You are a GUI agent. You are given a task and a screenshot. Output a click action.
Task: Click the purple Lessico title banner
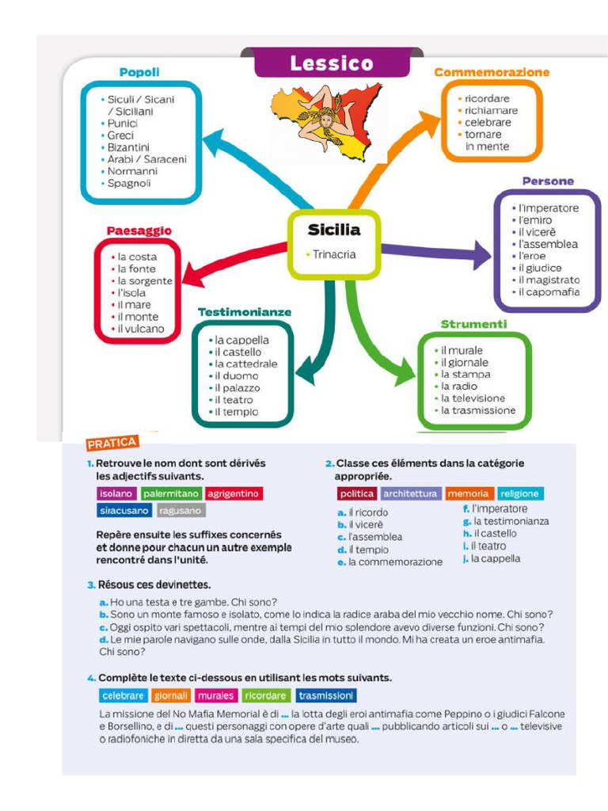tap(330, 63)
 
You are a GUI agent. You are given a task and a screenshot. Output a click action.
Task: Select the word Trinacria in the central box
tap(334, 255)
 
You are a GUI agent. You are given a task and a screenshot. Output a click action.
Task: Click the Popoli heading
tap(139, 72)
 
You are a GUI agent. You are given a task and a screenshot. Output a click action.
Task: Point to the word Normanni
tap(132, 171)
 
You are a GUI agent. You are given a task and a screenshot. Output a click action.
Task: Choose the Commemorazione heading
tap(492, 72)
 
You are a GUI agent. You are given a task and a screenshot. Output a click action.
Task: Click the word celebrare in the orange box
tap(488, 123)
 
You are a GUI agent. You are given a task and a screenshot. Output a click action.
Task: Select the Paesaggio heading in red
tap(139, 231)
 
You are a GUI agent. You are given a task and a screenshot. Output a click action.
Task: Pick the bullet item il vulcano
tap(141, 329)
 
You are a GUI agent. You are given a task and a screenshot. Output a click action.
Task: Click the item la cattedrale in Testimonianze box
tap(246, 364)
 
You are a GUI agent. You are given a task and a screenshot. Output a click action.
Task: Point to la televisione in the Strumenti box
tap(477, 398)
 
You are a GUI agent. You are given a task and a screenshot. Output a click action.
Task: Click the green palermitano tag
tap(170, 493)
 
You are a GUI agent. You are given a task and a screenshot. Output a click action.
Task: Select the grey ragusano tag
tap(180, 511)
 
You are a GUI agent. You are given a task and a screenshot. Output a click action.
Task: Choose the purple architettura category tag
tap(409, 493)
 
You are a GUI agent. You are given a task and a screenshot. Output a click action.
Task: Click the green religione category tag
tap(519, 493)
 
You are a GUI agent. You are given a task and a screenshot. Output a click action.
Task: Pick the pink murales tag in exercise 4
tap(215, 695)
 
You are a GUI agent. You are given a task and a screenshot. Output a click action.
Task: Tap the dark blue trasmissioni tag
tap(326, 695)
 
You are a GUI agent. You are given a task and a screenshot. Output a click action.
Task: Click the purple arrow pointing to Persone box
tap(443, 250)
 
